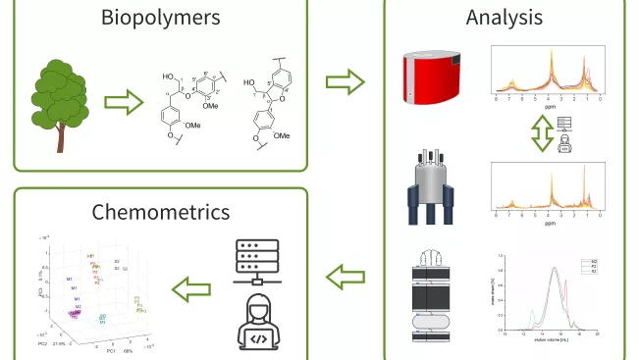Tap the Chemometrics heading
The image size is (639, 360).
pos(161,212)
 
